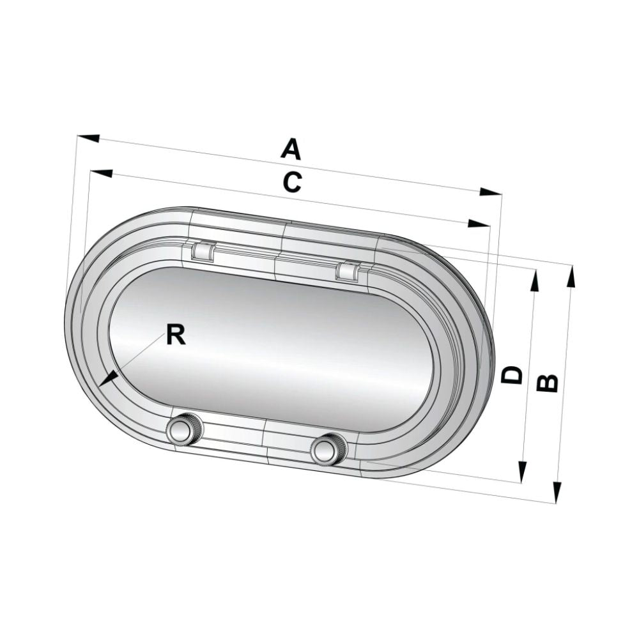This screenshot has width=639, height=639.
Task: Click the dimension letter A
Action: [291, 150]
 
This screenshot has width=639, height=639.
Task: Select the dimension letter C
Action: [291, 183]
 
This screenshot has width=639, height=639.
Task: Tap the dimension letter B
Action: [548, 381]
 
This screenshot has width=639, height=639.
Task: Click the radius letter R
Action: [176, 335]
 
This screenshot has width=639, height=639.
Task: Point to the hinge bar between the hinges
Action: [275, 259]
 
